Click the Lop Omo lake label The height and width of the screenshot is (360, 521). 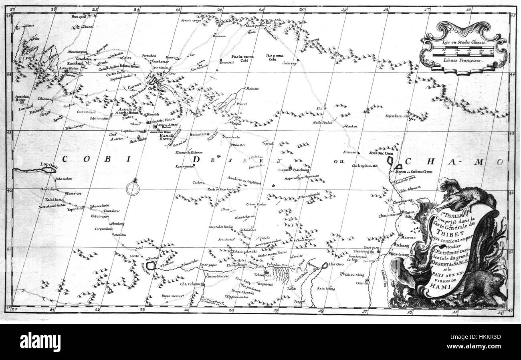coord(49,164)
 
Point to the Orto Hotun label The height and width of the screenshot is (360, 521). coord(157,89)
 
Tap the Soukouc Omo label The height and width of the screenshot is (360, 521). coord(372,153)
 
